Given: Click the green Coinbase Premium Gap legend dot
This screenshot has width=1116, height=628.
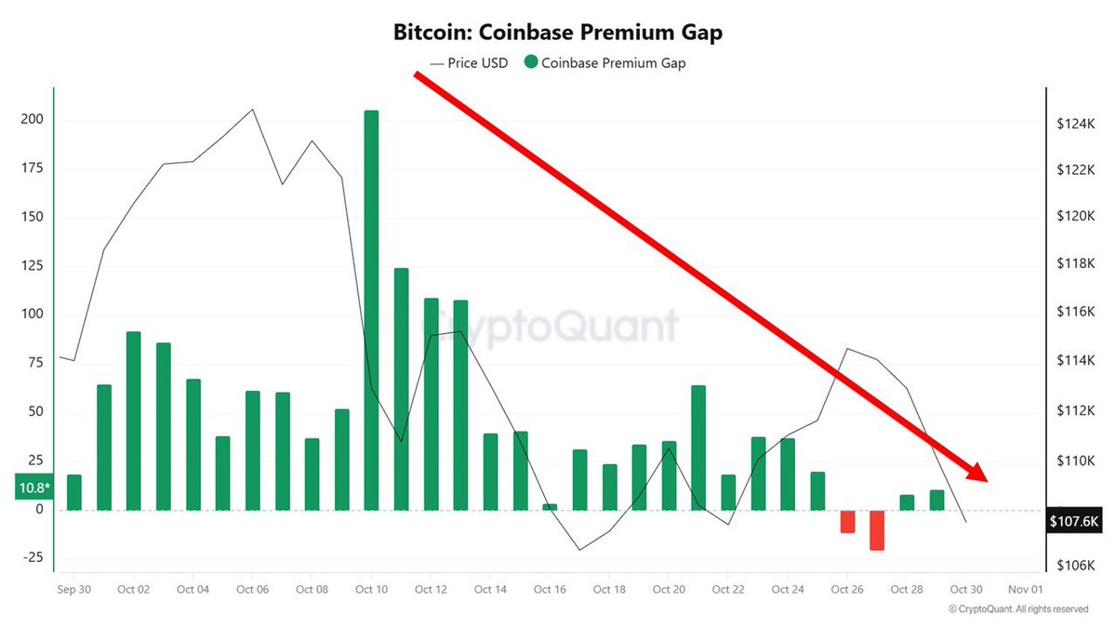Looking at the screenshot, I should (531, 63).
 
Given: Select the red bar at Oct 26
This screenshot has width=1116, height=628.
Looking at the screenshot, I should (847, 521).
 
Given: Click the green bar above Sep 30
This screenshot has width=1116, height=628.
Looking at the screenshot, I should (74, 492).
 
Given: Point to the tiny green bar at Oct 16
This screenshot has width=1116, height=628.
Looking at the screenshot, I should (550, 507).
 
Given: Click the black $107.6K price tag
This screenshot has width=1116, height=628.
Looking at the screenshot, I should (1073, 522).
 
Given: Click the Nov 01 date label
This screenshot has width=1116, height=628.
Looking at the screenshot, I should (1025, 589).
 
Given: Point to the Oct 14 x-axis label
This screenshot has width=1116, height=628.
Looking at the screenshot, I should (490, 589).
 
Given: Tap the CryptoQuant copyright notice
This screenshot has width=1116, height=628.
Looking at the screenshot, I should (1018, 609).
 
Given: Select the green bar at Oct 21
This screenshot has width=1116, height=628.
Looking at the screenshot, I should (698, 448).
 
